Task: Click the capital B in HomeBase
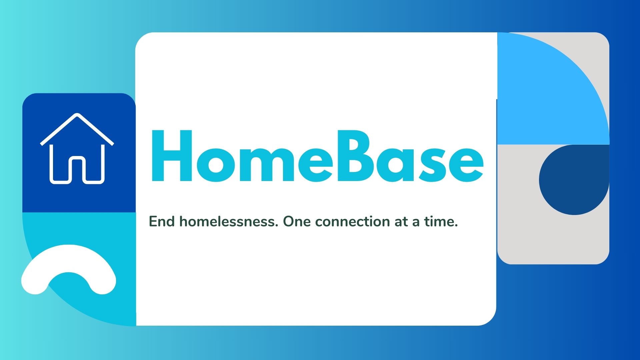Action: (357, 156)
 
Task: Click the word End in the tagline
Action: (162, 221)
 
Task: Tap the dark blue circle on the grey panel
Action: (573, 180)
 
